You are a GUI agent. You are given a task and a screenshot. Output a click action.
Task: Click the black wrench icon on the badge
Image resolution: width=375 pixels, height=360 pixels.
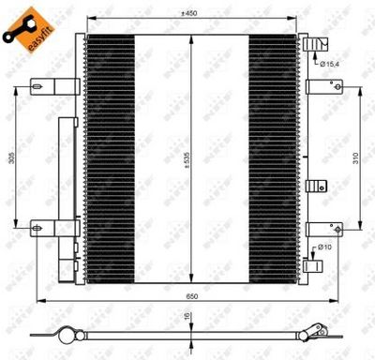coord(16,31)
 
